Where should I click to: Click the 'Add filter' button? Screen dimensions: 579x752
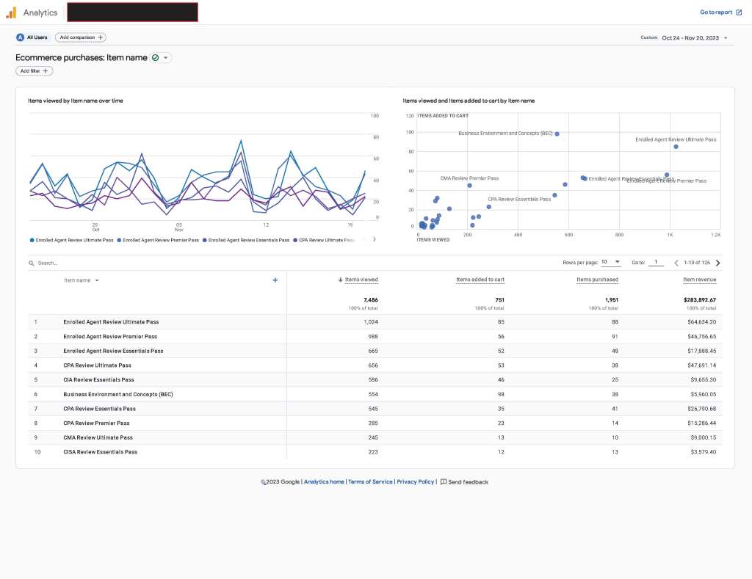(x=35, y=71)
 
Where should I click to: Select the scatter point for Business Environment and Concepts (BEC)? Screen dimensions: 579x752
(x=557, y=134)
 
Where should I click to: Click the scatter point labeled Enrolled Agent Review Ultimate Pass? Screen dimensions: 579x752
(x=676, y=147)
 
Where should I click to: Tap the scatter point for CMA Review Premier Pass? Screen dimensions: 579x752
(x=469, y=186)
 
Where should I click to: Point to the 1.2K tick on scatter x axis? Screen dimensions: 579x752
(x=715, y=235)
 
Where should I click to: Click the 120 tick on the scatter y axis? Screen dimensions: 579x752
(x=410, y=116)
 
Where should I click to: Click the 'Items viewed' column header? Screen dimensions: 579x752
(x=361, y=280)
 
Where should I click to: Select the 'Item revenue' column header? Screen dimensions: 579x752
(x=699, y=280)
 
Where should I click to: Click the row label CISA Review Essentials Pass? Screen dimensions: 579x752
(x=101, y=452)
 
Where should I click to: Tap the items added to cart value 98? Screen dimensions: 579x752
(x=499, y=394)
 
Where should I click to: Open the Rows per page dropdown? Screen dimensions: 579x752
(x=611, y=262)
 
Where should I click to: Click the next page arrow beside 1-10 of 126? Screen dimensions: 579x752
(x=717, y=263)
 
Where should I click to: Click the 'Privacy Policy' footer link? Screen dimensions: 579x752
(x=416, y=482)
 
